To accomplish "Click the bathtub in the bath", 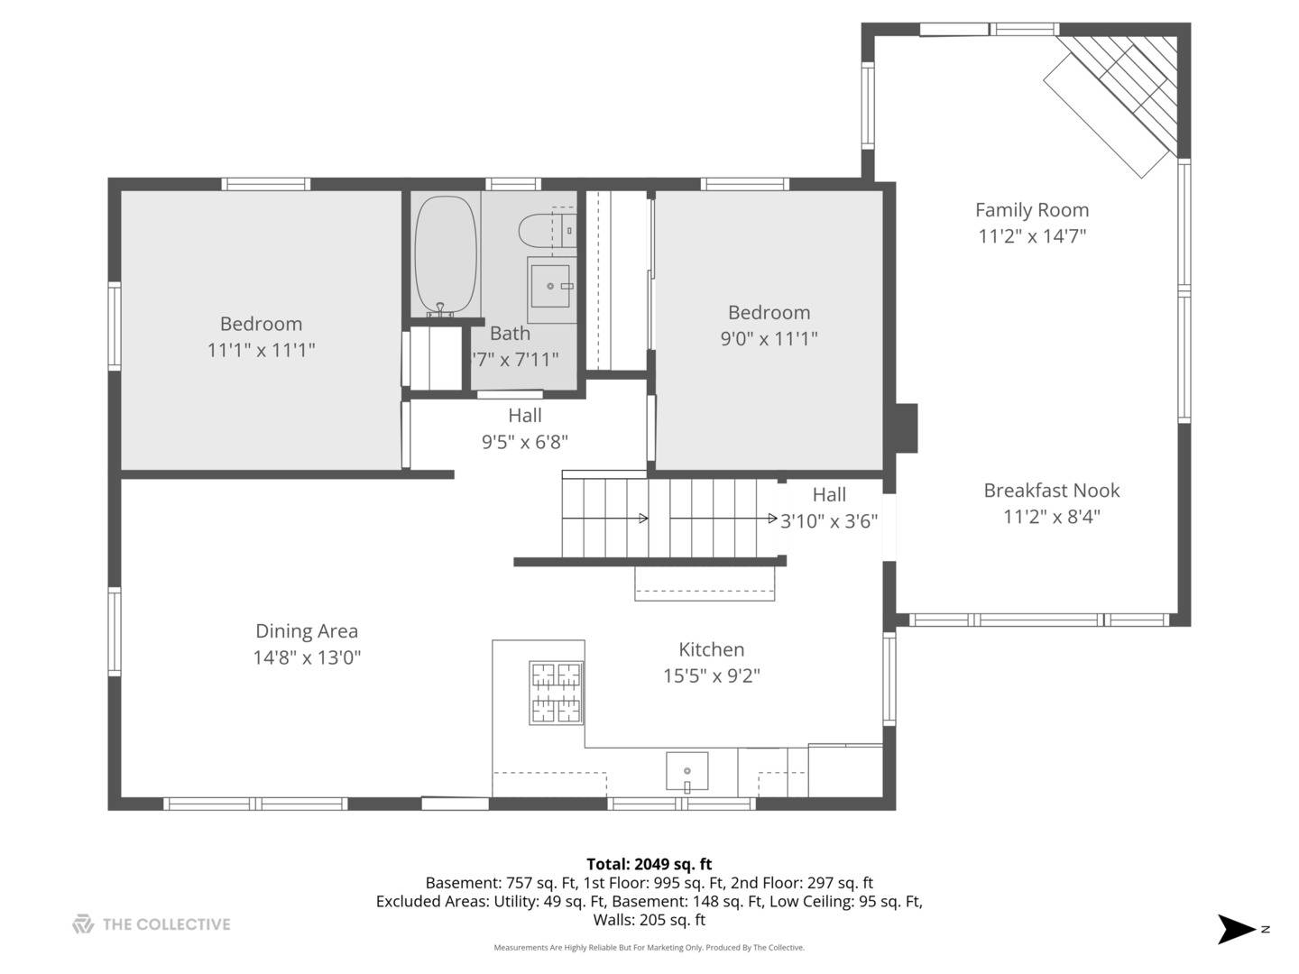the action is pos(445,255).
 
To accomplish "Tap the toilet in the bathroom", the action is pos(547,230).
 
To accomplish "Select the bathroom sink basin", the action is pos(550,286).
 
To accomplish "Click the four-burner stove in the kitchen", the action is pos(556,693).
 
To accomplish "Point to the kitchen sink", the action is pos(686,771).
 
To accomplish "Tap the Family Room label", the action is pos(1032,210).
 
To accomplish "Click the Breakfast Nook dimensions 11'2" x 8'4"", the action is pos(1052,517).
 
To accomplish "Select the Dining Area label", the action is pos(307,631).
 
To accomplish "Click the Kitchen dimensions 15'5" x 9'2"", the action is pos(712,675).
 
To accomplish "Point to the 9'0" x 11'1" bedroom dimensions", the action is pos(769,339).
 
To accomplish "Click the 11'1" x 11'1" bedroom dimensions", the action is pos(261,350).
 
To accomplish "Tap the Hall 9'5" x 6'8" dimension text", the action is pos(525,442).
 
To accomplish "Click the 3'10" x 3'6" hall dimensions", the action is pos(828,521).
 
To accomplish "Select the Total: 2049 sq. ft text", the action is pos(649,864).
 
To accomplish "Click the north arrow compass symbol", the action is pos(1237,929).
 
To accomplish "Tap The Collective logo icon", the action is pos(83,924).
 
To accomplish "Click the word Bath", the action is pos(510,334).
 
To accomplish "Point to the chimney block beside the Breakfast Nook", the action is pos(906,428).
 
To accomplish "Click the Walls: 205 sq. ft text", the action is pos(649,920).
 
